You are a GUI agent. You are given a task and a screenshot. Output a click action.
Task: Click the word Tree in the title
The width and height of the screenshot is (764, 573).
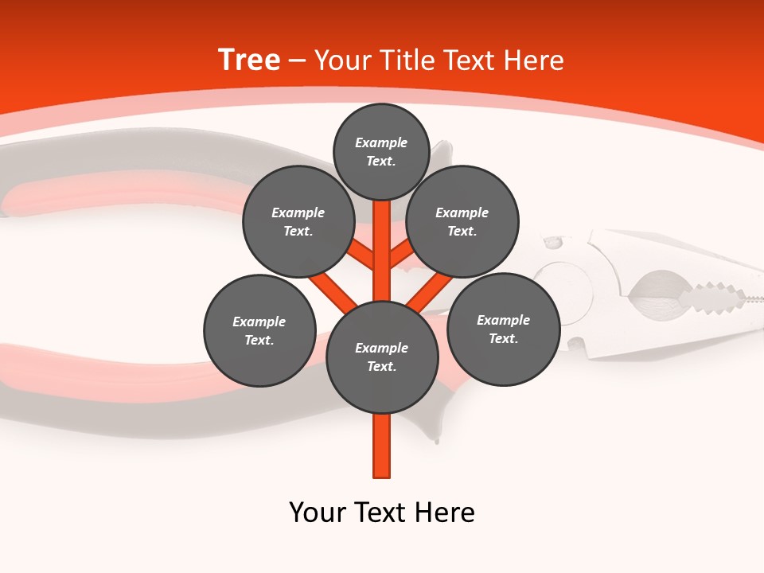coord(249,60)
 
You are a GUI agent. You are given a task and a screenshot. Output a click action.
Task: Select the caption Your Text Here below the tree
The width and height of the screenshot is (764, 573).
coord(382,513)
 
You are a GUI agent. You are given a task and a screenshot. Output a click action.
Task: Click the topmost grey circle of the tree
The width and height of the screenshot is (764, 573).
coord(381,152)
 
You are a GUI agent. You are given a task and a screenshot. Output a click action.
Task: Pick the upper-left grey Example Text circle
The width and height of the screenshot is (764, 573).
coord(298,222)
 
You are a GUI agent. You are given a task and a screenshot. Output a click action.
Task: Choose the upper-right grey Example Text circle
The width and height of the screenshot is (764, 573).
coord(462,222)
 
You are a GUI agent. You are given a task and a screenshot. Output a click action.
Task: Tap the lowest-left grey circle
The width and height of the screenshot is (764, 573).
coord(259,331)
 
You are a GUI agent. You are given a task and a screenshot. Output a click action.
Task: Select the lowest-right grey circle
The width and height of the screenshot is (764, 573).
coord(503,329)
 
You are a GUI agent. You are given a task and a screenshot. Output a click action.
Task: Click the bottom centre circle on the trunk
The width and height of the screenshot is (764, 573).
coord(382,357)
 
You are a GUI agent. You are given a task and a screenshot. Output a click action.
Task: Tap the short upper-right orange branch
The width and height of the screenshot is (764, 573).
coord(401,255)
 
